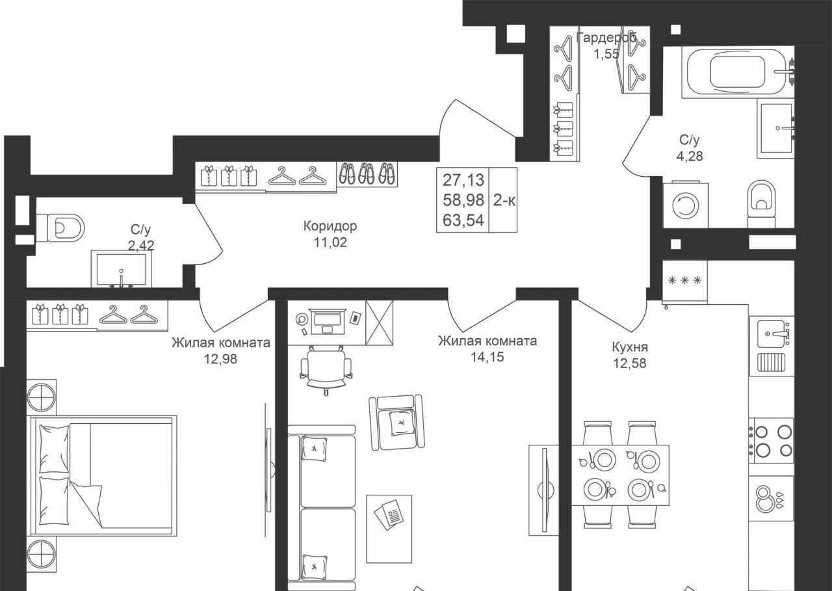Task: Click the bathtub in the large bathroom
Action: (738, 72)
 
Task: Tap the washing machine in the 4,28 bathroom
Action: (686, 205)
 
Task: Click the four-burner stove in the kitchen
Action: (771, 441)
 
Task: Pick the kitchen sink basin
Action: (772, 333)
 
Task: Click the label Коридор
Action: (330, 226)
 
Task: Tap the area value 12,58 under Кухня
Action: (630, 363)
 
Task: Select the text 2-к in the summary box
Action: (504, 201)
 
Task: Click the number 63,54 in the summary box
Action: (463, 220)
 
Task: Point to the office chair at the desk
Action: (326, 368)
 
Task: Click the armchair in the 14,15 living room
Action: (396, 423)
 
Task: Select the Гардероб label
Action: (606, 38)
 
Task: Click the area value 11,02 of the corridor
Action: (330, 243)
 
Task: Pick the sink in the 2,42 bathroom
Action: (121, 269)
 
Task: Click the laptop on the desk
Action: (327, 322)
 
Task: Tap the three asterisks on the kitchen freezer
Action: (684, 280)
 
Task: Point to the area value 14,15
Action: (487, 357)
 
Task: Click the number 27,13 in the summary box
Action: (463, 180)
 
